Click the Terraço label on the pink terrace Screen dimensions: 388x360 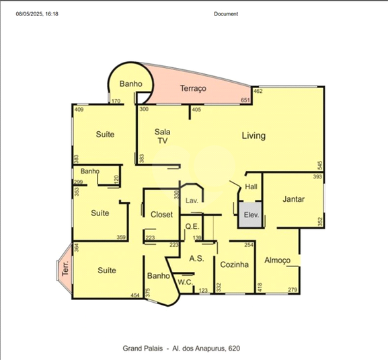pyautogui.click(x=193, y=88)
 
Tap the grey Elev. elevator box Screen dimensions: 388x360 pyautogui.click(x=250, y=215)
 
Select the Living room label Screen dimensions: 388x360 pyautogui.click(x=254, y=136)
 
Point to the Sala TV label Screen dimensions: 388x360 pyautogui.click(x=162, y=136)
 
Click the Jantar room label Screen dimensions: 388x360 pyautogui.click(x=293, y=199)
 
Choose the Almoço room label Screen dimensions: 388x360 pyautogui.click(x=277, y=260)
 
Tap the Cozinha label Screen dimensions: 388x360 pyautogui.click(x=234, y=264)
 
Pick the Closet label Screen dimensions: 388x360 pyautogui.click(x=161, y=215)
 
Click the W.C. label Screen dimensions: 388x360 pyautogui.click(x=186, y=282)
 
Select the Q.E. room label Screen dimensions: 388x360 pyautogui.click(x=192, y=226)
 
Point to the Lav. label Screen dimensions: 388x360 pyautogui.click(x=192, y=201)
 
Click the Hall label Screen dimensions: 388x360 pyautogui.click(x=251, y=186)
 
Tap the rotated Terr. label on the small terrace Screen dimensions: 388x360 pyautogui.click(x=65, y=268)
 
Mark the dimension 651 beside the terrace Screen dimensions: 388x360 pyautogui.click(x=245, y=100)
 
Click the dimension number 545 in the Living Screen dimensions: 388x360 pyautogui.click(x=320, y=166)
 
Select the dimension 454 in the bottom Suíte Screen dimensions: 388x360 pyautogui.click(x=135, y=295)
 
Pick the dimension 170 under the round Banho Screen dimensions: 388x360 pyautogui.click(x=116, y=101)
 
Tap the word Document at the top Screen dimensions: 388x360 pyautogui.click(x=226, y=14)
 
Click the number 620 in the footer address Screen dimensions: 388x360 pyautogui.click(x=234, y=349)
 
